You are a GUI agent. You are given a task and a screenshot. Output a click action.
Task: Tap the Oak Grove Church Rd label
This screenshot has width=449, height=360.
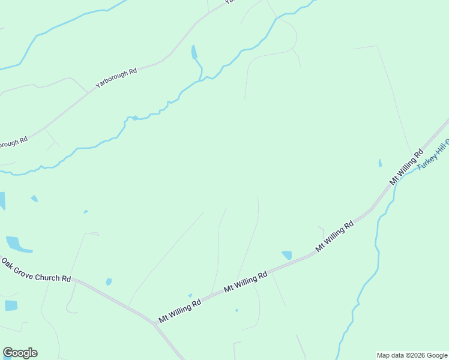(x=36, y=271)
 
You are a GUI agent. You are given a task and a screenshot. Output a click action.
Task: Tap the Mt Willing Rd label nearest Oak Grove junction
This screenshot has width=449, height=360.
(x=179, y=310)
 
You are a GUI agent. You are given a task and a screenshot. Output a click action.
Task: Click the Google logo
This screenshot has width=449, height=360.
(x=20, y=353)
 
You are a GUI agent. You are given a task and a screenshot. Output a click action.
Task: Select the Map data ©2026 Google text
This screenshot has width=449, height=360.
(x=412, y=355)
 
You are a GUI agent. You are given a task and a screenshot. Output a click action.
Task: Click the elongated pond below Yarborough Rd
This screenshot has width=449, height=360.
(x=194, y=52)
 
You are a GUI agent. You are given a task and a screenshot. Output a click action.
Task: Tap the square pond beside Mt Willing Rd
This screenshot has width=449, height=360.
(x=287, y=255)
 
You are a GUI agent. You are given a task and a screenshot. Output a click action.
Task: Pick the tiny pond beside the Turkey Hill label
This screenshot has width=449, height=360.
(x=380, y=163)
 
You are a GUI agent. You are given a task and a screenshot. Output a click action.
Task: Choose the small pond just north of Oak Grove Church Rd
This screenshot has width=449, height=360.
(x=109, y=281)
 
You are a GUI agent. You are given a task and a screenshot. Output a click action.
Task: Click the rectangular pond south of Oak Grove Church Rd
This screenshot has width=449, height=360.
(x=11, y=305)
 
